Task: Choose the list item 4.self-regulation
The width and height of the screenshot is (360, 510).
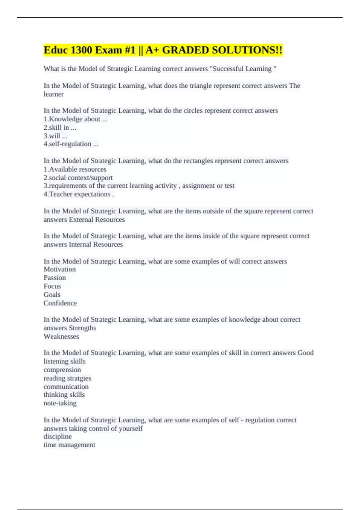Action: (71, 144)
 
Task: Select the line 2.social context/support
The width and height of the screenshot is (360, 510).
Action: (78, 178)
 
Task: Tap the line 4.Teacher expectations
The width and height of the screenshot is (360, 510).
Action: (79, 194)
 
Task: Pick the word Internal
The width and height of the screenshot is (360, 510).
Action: (80, 244)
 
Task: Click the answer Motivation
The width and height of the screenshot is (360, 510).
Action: (60, 269)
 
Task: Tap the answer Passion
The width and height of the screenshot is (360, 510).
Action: (55, 278)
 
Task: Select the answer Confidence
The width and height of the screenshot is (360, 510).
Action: (60, 303)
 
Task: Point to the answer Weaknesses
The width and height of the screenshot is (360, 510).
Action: (61, 336)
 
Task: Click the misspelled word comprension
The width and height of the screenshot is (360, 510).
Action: (62, 370)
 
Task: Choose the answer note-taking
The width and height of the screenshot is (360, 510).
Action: (60, 403)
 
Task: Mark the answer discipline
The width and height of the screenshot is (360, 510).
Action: (58, 436)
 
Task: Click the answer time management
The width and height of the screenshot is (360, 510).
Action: (69, 445)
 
